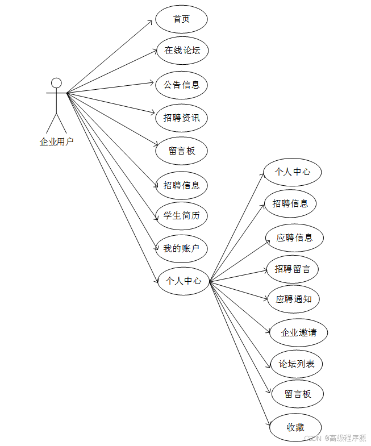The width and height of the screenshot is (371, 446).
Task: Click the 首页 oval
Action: [181, 19]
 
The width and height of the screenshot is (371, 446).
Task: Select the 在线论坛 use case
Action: [182, 50]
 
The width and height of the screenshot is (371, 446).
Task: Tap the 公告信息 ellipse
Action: [181, 85]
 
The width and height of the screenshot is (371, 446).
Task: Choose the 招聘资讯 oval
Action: [181, 118]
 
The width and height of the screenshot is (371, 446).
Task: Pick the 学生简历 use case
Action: [181, 216]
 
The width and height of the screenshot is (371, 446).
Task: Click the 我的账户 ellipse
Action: [181, 248]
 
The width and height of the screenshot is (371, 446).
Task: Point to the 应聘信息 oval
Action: [294, 237]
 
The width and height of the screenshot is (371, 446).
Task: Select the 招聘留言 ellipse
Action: [293, 269]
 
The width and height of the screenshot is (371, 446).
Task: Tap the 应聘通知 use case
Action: [293, 299]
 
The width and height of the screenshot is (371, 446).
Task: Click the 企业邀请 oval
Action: [298, 333]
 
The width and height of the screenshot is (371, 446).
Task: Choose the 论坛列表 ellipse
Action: [297, 364]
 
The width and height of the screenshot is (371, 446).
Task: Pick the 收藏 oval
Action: [295, 427]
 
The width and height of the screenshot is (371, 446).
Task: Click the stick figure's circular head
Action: [56, 83]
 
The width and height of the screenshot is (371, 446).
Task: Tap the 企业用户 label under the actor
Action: [56, 141]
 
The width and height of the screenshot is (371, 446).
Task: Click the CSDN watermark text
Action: [335, 438]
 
